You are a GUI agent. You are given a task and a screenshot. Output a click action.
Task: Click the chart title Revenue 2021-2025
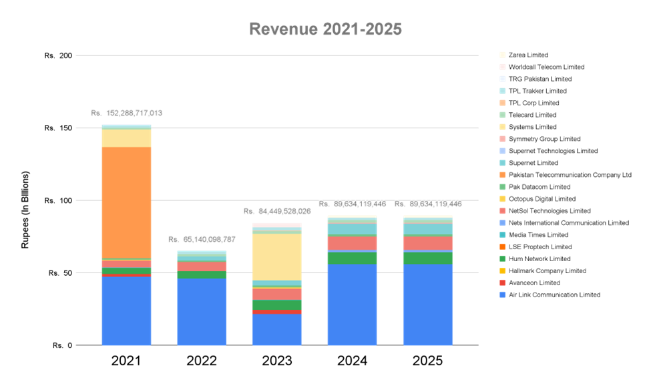(x=325, y=29)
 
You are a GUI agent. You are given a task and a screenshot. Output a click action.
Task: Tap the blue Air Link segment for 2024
(x=352, y=305)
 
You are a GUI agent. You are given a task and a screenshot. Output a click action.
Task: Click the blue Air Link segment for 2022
(x=202, y=312)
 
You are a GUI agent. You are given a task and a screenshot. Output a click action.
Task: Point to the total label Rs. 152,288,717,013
(x=126, y=113)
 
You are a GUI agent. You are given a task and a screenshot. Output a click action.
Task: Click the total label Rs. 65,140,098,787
(x=202, y=239)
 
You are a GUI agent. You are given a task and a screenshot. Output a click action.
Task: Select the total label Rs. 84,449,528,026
(x=276, y=211)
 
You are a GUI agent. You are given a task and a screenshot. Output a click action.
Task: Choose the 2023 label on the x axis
(x=276, y=361)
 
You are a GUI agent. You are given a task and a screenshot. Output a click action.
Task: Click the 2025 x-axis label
(x=427, y=361)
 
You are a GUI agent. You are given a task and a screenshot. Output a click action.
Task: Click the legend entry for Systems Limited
(x=532, y=127)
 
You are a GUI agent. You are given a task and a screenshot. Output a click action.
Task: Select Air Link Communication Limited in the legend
(x=554, y=295)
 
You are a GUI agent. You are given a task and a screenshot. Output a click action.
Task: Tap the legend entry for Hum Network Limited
(x=539, y=258)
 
